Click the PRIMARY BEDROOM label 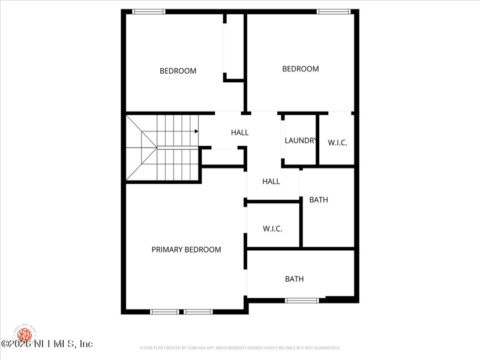tap(186, 250)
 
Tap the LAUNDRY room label tap(300, 141)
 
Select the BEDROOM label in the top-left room tap(178, 71)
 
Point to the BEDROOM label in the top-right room tap(301, 69)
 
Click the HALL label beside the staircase tap(239, 133)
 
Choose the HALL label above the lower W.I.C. tap(271, 181)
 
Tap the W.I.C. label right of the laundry tap(337, 143)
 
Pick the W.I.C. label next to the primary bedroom tap(272, 229)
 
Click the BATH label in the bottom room tap(294, 279)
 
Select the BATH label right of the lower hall tap(319, 200)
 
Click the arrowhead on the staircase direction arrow tap(196, 131)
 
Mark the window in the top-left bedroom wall tap(149, 11)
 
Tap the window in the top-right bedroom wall tap(334, 11)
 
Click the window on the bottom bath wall tap(302, 300)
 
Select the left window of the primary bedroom tap(164, 311)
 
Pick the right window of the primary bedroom tap(198, 311)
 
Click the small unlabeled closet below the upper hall tap(222, 157)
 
